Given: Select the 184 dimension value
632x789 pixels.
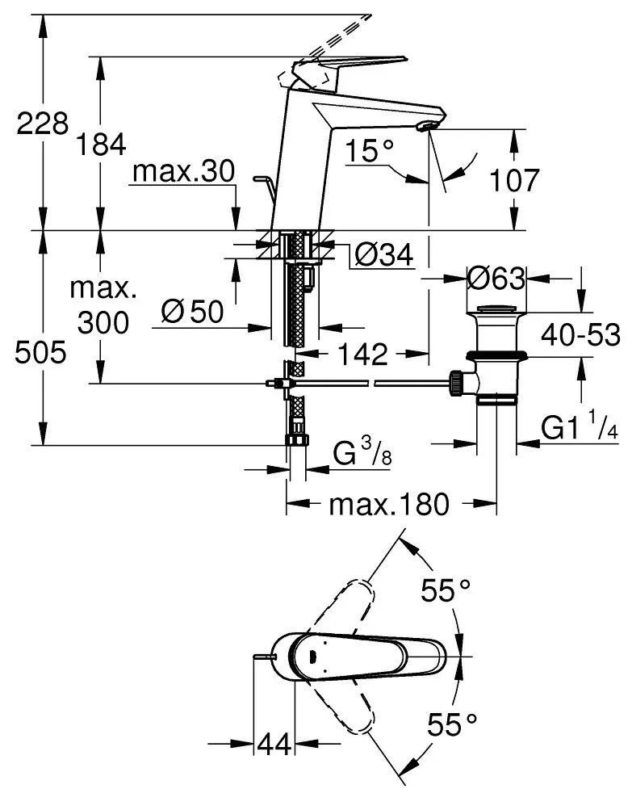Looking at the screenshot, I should pyautogui.click(x=101, y=145).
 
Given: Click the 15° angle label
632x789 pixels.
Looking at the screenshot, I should pyautogui.click(x=370, y=150).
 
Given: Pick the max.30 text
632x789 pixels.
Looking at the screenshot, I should pyautogui.click(x=183, y=172).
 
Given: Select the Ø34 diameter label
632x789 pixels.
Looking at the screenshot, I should pyautogui.click(x=383, y=256).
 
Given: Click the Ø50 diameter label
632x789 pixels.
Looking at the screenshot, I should pyautogui.click(x=192, y=309).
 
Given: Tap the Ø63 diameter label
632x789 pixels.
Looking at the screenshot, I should pyautogui.click(x=496, y=279).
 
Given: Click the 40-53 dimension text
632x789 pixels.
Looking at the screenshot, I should pyautogui.click(x=580, y=334).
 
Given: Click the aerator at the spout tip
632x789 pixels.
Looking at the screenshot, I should pyautogui.click(x=428, y=124).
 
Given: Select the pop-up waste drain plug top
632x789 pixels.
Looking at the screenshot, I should pyautogui.click(x=496, y=310).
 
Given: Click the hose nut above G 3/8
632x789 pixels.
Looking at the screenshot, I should pyautogui.click(x=296, y=439).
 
